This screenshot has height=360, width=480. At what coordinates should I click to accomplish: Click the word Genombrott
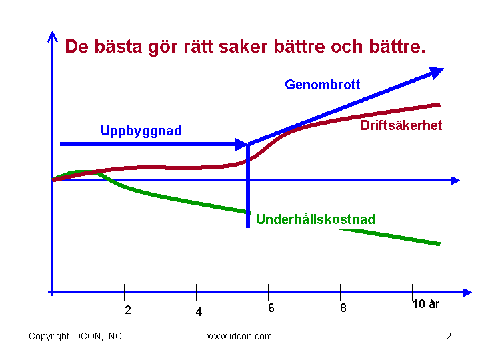tap(323, 85)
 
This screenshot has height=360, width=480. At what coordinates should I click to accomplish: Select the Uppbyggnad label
tap(141, 131)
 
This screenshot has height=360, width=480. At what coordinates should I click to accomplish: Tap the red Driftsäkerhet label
tap(401, 125)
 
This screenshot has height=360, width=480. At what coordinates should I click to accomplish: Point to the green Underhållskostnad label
tap(315, 219)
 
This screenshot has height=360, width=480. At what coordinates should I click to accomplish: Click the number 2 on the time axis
tap(128, 310)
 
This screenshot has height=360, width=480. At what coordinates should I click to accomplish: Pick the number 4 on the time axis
tap(199, 312)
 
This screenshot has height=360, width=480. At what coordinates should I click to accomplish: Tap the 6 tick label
tap(271, 308)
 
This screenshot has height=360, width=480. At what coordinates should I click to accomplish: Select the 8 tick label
tap(343, 307)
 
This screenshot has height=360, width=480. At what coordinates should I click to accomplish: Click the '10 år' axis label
tap(426, 304)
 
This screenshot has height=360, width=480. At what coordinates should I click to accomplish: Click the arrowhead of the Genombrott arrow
tap(436, 73)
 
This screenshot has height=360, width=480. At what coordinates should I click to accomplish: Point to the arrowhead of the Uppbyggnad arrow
tap(241, 144)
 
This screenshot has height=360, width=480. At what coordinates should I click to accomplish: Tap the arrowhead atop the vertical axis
tap(53, 37)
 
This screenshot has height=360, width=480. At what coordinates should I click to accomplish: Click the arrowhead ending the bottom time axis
tap(467, 293)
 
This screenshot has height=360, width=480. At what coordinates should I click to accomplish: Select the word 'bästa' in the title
tap(118, 47)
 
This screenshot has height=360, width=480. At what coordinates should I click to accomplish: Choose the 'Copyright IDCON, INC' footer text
tap(75, 336)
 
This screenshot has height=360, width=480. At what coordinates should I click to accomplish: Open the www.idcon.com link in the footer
tap(239, 337)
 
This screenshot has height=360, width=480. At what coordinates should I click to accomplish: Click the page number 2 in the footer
tap(449, 337)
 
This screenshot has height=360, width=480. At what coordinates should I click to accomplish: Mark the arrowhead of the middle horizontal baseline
tap(455, 181)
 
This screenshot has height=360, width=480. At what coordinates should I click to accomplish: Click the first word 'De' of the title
tap(77, 47)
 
